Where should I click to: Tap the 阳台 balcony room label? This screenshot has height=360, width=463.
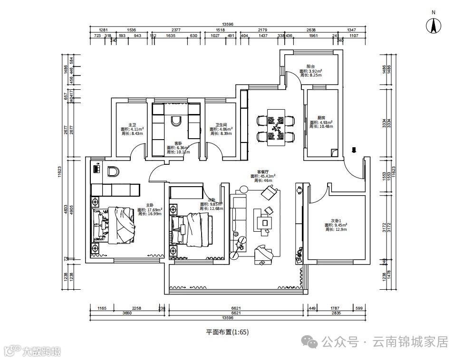(x=310, y=67)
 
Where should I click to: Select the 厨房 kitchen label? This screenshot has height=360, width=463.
(x=321, y=118)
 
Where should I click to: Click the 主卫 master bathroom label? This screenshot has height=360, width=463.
(x=132, y=124)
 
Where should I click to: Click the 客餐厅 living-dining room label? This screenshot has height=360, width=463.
(x=263, y=171)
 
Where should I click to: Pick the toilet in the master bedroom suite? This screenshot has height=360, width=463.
(x=113, y=171)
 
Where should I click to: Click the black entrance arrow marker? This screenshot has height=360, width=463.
(x=353, y=151)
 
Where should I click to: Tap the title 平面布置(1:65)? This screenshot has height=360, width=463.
(x=227, y=332)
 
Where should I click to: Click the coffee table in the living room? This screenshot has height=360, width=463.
(x=264, y=222)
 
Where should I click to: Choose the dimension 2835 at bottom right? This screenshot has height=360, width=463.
(x=336, y=313)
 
